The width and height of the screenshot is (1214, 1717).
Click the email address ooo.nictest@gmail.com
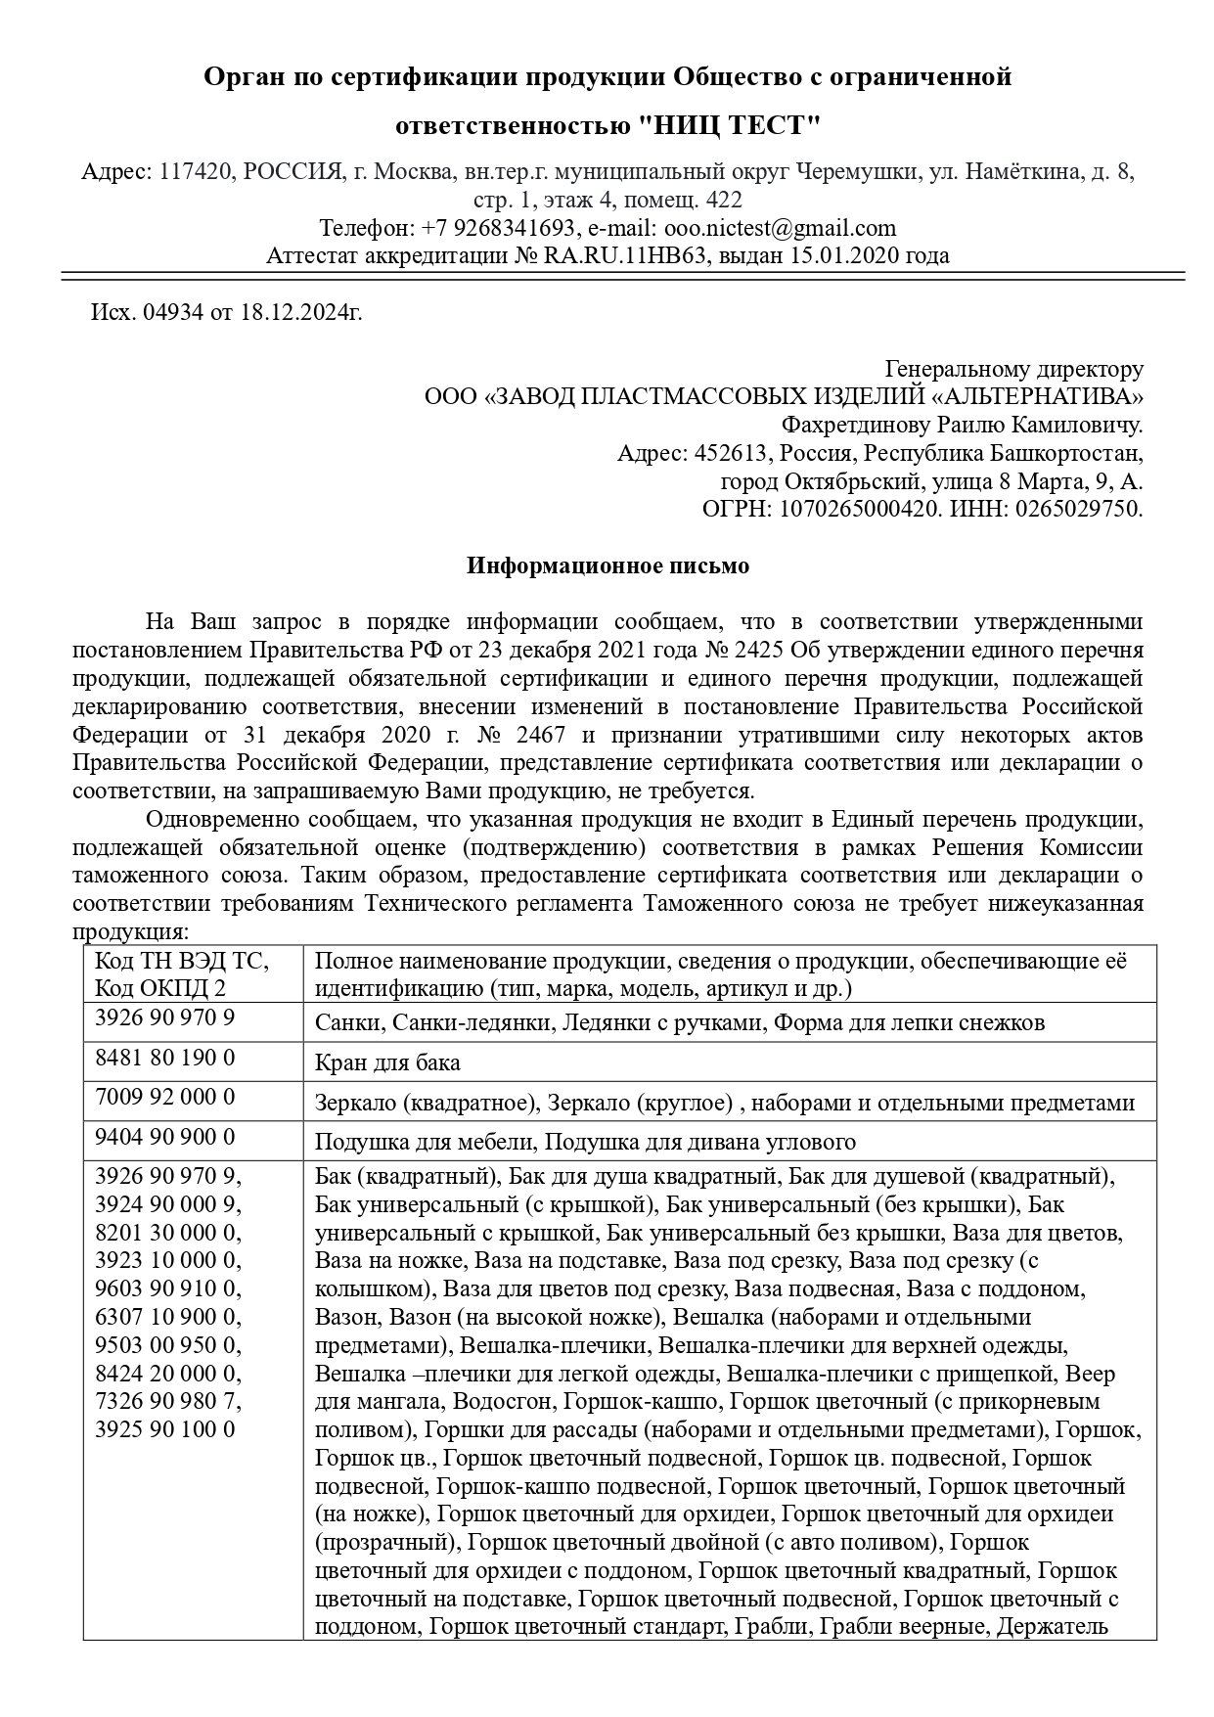pyautogui.click(x=780, y=229)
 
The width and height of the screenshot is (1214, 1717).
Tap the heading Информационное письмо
pyautogui.click(x=607, y=566)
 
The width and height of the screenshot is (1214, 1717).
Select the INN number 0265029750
pyautogui.click(x=1079, y=509)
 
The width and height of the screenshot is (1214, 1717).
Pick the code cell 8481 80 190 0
pyautogui.click(x=164, y=1059)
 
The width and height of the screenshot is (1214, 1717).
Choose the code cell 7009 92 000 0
pyautogui.click(x=164, y=1098)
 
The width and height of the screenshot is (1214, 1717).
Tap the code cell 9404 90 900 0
pyautogui.click(x=164, y=1137)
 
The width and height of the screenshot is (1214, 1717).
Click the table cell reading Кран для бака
pyautogui.click(x=387, y=1063)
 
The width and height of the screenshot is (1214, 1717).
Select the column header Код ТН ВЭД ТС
pyautogui.click(x=181, y=961)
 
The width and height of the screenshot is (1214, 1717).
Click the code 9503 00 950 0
pyautogui.click(x=166, y=1344)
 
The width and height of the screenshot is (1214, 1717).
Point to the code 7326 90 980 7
pyautogui.click(x=166, y=1401)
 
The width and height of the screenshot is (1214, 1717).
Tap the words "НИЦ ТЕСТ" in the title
pyautogui.click(x=729, y=126)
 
